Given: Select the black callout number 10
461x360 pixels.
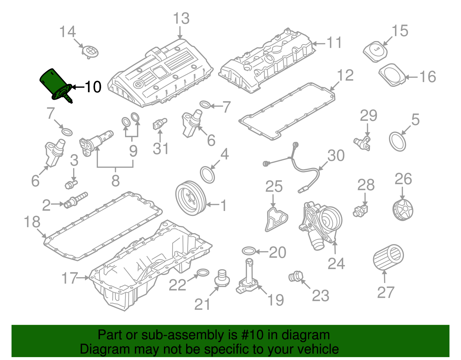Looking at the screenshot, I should coord(93,87).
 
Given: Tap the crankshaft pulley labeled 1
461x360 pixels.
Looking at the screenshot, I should coord(190,198).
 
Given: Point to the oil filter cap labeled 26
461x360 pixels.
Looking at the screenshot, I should coord(403,210).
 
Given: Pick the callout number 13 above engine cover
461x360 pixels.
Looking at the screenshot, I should coord(181,19).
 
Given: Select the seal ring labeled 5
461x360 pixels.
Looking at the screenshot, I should coord(398,141).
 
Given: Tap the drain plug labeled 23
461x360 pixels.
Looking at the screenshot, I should coord(295,276).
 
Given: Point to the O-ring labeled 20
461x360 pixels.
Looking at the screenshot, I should coord(249,251).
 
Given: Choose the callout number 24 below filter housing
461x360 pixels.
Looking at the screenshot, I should coord(336,263).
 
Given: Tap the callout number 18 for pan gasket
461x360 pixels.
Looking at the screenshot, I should coord(32,222).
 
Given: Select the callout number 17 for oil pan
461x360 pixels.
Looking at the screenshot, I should coord(70,278).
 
